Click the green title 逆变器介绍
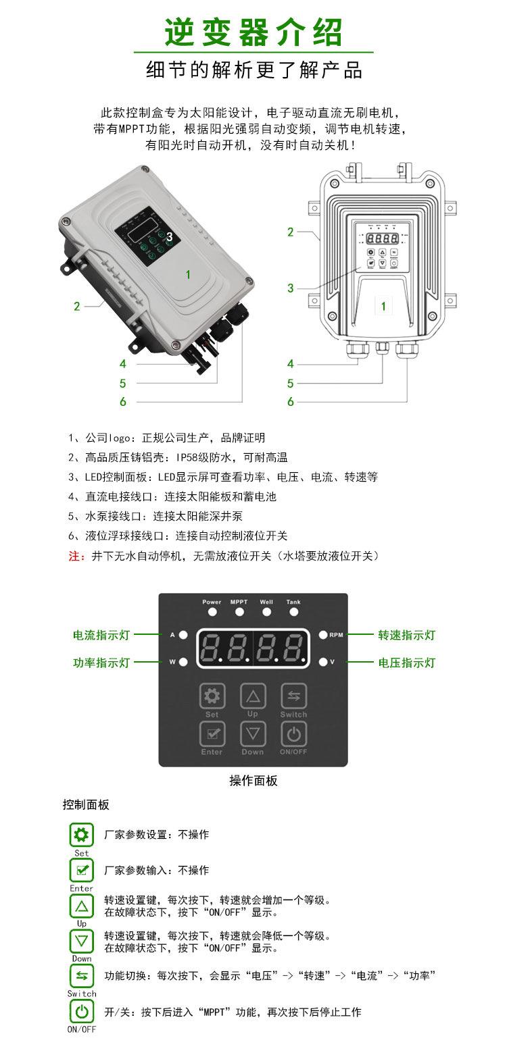[x=254, y=32]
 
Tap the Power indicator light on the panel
[x=212, y=612]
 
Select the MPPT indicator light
[x=239, y=612]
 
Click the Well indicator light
[x=266, y=612]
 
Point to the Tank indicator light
[x=293, y=612]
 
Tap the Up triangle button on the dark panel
[x=253, y=696]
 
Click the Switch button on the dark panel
[x=293, y=696]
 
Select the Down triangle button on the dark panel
[x=253, y=734]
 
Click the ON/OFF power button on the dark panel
[x=293, y=734]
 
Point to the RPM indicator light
[x=322, y=635]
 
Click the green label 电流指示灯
[x=101, y=635]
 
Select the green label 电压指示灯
[x=407, y=663]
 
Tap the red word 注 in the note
[x=74, y=556]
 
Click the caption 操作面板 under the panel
[x=254, y=781]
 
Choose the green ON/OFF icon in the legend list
[x=82, y=1011]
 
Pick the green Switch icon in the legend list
[x=82, y=975]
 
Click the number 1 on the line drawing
[x=383, y=306]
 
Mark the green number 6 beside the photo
[x=123, y=401]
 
